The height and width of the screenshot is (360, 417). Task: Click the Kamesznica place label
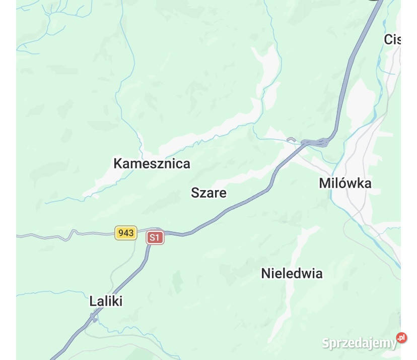point(152,163)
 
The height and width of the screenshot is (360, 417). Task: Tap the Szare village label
point(208,193)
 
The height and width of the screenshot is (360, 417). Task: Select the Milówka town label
point(345,183)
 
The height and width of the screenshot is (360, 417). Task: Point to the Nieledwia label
point(292,273)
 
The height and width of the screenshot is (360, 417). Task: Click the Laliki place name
point(106,301)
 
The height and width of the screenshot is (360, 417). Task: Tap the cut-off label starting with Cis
point(392,39)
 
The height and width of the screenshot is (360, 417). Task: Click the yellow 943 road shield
point(126,232)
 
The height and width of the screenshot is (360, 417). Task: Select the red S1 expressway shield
point(155,237)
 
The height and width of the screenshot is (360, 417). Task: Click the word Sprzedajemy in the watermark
point(359,343)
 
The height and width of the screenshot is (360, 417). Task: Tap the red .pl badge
point(401,338)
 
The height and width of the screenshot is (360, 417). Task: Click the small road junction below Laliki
point(94,317)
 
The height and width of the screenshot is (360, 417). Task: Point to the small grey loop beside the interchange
point(291,139)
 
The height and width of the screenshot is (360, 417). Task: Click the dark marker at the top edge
point(373,2)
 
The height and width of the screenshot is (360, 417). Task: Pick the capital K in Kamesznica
point(118,163)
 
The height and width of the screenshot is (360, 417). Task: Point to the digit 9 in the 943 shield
point(121,232)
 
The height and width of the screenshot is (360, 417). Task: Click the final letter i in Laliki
point(121,301)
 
